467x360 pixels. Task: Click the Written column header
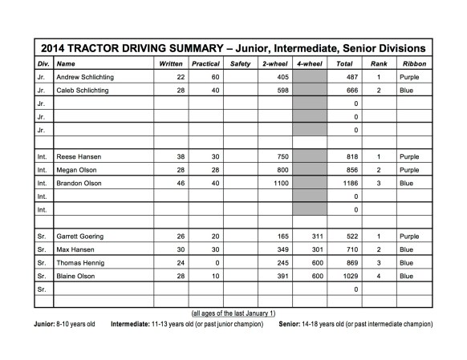coord(170,63)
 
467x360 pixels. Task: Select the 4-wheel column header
coord(309,63)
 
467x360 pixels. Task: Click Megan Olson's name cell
coord(77,171)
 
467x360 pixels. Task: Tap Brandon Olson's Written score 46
coord(181,184)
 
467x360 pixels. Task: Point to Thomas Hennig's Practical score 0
coord(215,262)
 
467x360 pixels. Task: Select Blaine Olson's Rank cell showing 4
coord(377,276)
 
